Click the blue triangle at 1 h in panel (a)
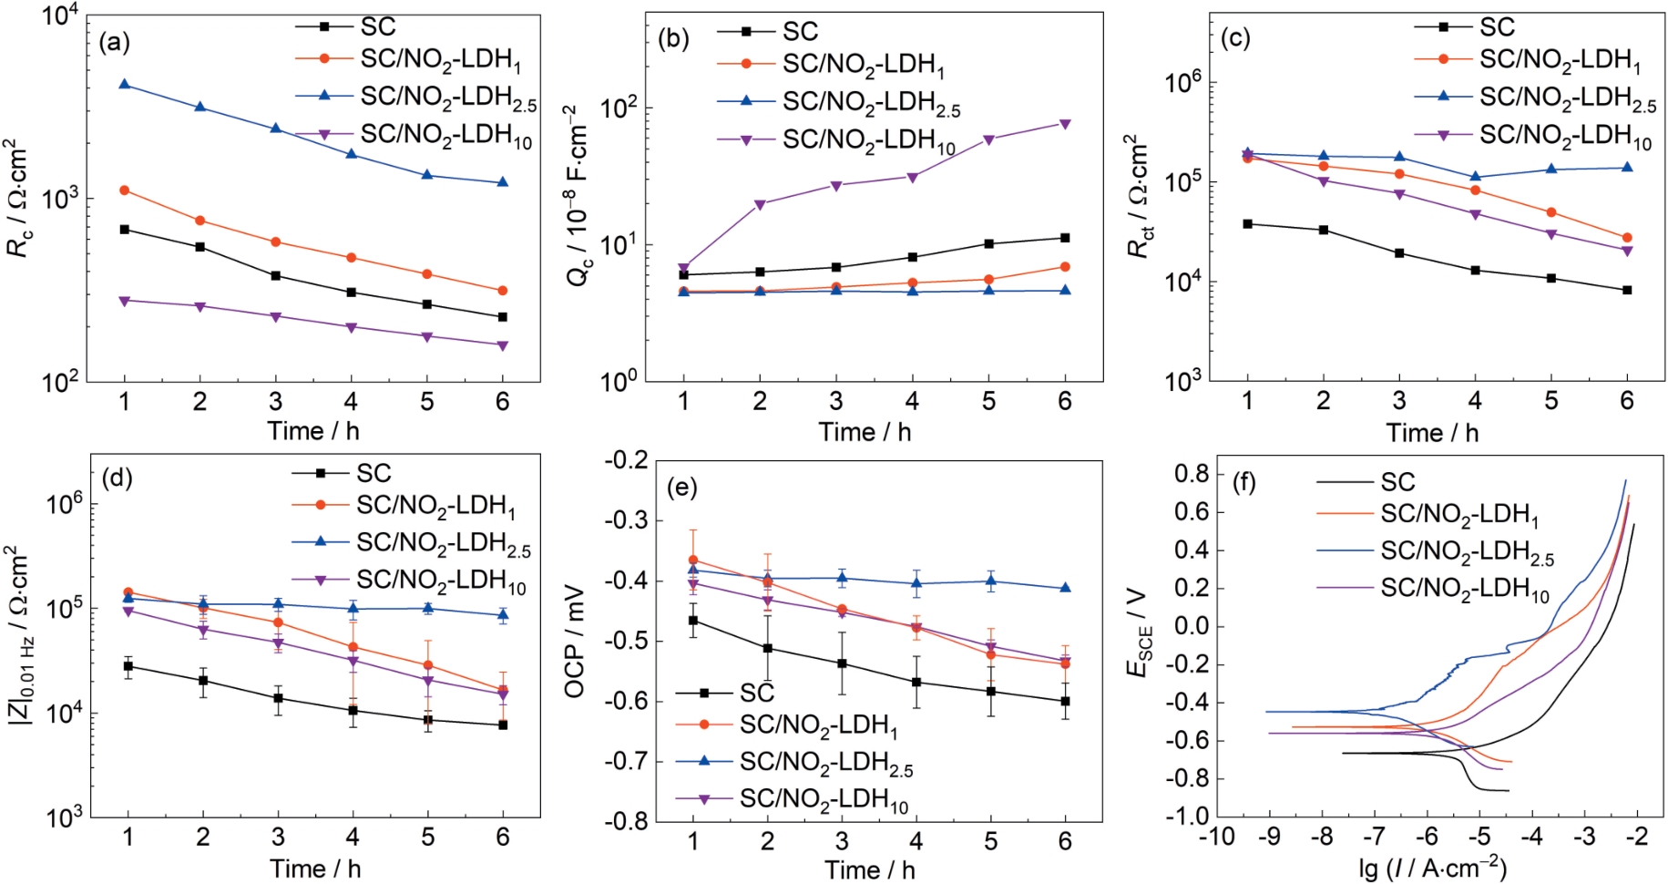[x=124, y=84]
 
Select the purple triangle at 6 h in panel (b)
[x=1065, y=124]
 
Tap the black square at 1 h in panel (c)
[x=1247, y=223]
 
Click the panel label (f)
[x=1243, y=482]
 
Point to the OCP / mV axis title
[x=574, y=641]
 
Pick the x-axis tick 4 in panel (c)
[x=1475, y=401]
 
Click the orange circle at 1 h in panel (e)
[x=693, y=560]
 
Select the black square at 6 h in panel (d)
[x=503, y=725]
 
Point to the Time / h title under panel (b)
[x=865, y=432]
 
